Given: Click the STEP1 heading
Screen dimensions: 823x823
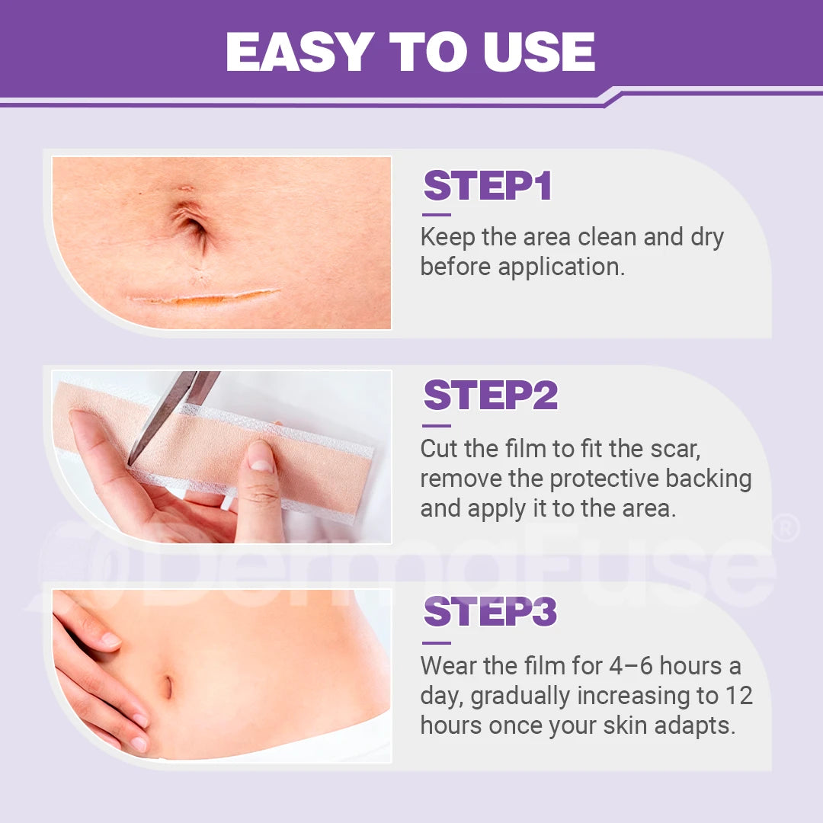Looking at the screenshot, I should pyautogui.click(x=487, y=187).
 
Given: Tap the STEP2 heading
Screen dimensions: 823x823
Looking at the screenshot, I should pyautogui.click(x=491, y=395).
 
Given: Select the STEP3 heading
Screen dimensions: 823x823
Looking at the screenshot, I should pyautogui.click(x=490, y=612).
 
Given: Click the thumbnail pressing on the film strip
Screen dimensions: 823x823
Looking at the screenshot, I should pyautogui.click(x=261, y=456).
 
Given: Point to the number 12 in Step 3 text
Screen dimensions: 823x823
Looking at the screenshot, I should pyautogui.click(x=738, y=696).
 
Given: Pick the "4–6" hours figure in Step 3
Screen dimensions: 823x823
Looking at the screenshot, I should pyautogui.click(x=631, y=666).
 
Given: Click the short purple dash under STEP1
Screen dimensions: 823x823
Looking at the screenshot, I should pyautogui.click(x=436, y=215).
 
